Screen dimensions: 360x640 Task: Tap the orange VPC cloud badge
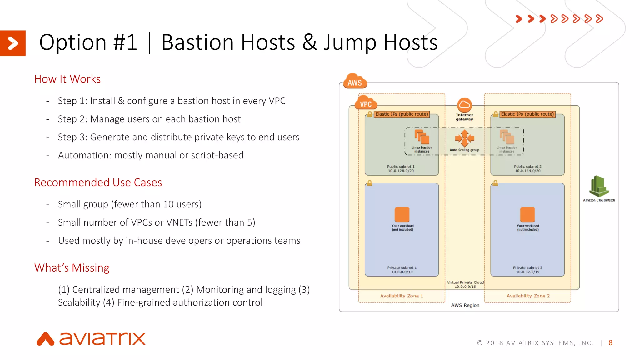[x=366, y=103]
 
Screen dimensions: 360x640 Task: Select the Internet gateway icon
[x=464, y=105]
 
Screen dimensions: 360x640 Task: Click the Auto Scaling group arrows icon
[x=464, y=138]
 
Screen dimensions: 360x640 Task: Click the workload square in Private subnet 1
[x=402, y=214]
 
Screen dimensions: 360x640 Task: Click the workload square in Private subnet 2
[x=527, y=214]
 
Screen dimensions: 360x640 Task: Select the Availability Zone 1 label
[x=402, y=296]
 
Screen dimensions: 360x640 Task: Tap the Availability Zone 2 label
[x=528, y=296]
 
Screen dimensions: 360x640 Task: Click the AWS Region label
[x=465, y=305]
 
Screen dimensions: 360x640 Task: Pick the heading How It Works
[x=67, y=79]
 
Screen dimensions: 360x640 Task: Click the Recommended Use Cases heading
[x=98, y=182]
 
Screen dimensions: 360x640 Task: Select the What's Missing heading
[x=72, y=268]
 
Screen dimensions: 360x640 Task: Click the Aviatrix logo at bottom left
[x=91, y=339]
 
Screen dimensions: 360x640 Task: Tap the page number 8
[x=610, y=343]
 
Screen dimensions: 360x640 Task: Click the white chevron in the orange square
[x=13, y=43]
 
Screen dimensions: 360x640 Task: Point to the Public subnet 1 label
[x=401, y=167]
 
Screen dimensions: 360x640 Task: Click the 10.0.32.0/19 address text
[x=527, y=272]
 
